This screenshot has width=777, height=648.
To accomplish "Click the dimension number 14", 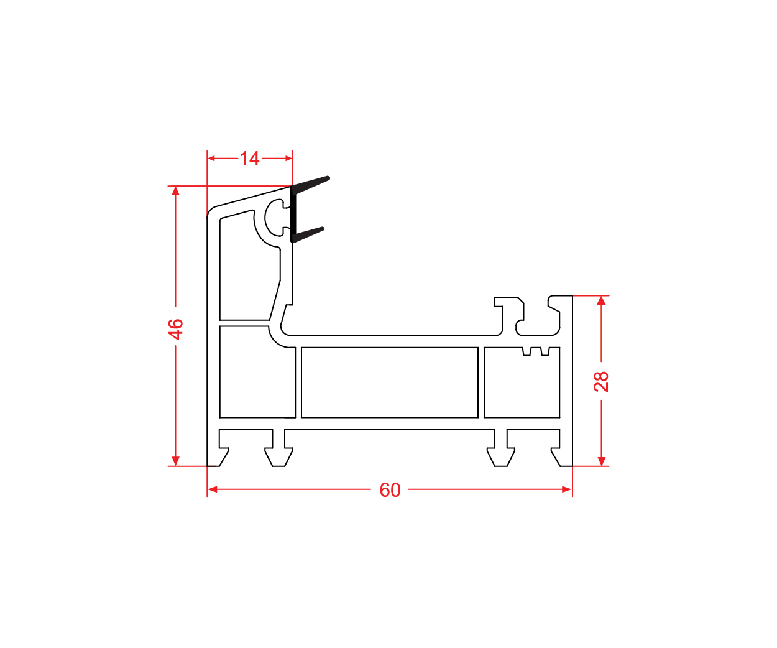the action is (x=249, y=159).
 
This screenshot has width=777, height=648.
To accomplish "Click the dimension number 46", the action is (x=176, y=329).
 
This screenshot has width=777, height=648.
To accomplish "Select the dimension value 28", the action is (x=601, y=381).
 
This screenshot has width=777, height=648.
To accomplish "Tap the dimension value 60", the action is (x=390, y=489).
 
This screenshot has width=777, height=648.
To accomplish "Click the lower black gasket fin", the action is (x=308, y=234).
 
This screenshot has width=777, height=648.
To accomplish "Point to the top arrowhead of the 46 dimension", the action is (x=176, y=191).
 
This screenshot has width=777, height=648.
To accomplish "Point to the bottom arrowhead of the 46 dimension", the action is (x=176, y=461).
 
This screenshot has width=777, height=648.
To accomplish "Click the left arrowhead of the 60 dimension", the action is (x=212, y=489).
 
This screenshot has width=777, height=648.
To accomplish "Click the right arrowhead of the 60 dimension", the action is (x=567, y=489).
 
